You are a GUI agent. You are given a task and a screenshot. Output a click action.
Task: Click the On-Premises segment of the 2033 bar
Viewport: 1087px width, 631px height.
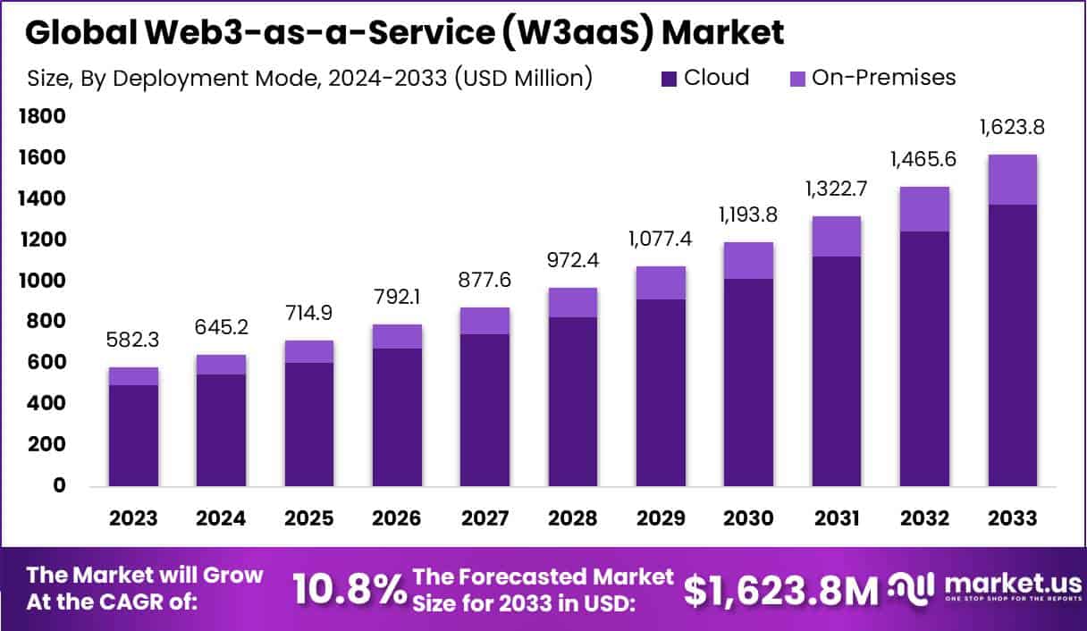coord(1013,180)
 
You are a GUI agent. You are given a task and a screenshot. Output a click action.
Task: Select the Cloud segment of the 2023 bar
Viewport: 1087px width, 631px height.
coord(133,435)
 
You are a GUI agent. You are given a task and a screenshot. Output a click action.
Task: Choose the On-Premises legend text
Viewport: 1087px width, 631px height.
coord(883,78)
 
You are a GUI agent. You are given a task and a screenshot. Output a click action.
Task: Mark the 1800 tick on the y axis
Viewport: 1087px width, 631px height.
coord(41,116)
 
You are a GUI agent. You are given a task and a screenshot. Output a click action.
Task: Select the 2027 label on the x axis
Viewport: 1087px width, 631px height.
coord(485,518)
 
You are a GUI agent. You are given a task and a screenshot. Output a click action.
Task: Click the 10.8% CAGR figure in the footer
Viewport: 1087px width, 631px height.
coord(349,590)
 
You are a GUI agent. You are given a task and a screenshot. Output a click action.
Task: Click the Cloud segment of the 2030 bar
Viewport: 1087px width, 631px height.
coord(749,383)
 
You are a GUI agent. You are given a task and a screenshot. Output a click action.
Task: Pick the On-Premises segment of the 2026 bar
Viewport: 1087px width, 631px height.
coord(397,336)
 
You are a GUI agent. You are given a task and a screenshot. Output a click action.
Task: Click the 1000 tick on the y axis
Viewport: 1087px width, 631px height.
coord(41,281)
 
